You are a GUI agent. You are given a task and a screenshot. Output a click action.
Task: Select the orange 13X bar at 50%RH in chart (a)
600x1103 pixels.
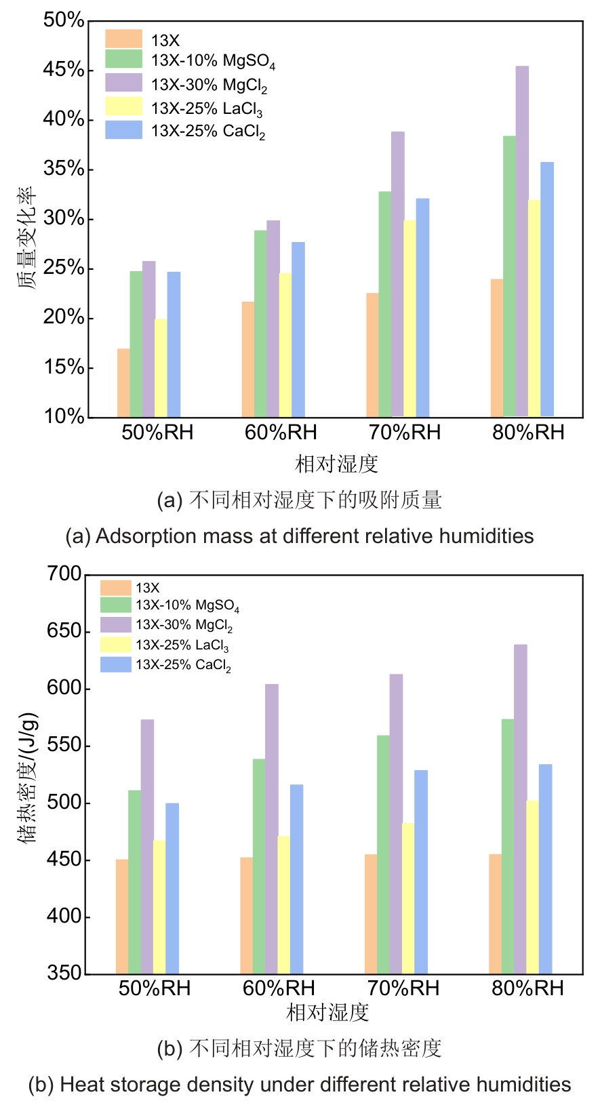tap(123, 383)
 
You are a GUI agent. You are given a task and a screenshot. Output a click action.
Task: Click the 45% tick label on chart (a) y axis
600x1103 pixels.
tap(64, 70)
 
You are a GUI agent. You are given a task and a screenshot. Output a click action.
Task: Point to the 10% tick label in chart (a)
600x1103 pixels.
tap(64, 416)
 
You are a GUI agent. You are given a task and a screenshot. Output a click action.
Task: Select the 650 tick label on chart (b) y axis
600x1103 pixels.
tap(64, 631)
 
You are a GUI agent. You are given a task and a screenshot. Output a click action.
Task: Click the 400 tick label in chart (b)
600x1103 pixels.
tap(64, 917)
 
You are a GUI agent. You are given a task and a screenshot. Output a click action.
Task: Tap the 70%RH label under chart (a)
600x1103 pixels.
tap(405, 433)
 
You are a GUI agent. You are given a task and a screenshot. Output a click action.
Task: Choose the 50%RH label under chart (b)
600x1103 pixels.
tap(155, 988)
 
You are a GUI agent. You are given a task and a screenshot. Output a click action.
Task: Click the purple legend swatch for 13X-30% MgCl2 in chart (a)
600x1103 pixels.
tap(123, 83)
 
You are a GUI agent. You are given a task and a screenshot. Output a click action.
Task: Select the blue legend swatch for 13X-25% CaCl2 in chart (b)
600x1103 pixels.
tap(115, 664)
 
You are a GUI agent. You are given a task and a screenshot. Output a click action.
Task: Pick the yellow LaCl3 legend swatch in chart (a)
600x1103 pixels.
tap(123, 106)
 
